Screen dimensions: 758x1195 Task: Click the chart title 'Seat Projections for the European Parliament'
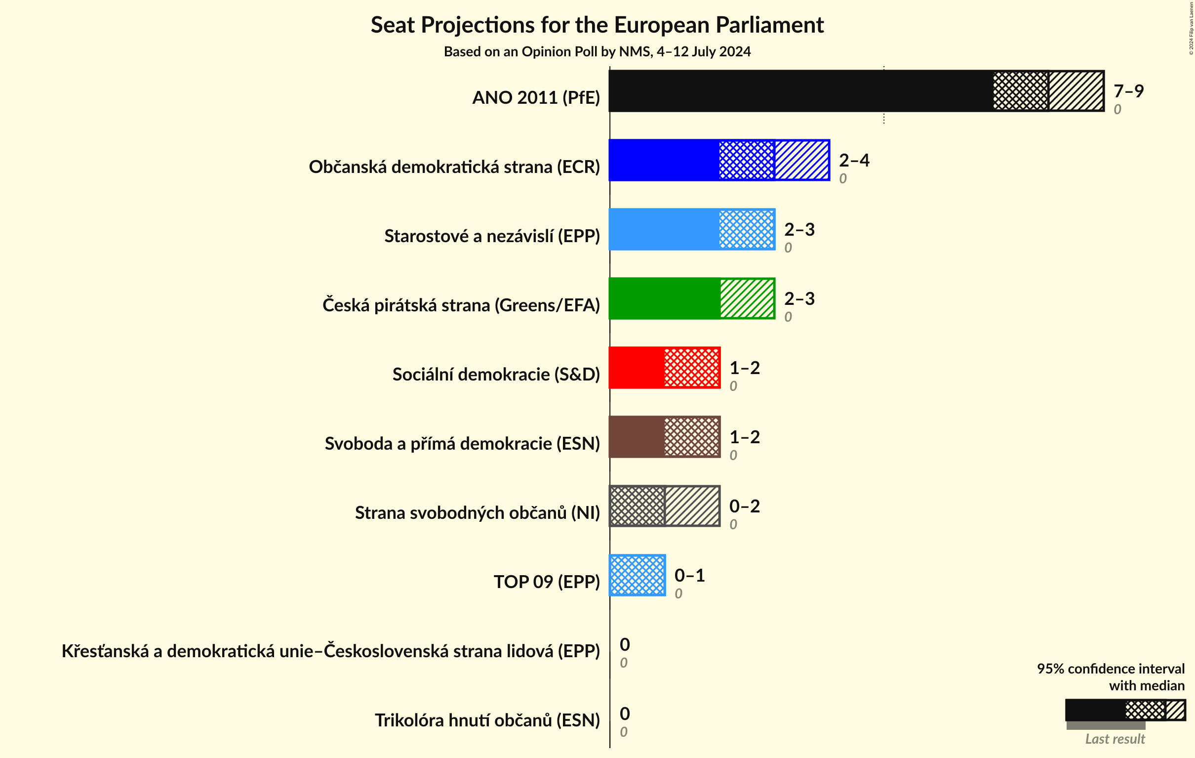click(x=597, y=25)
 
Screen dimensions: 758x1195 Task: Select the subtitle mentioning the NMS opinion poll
click(x=597, y=52)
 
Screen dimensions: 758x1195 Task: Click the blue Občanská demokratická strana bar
click(x=718, y=160)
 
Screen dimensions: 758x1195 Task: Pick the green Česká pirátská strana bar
click(x=691, y=298)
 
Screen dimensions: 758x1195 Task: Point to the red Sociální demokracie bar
click(x=664, y=368)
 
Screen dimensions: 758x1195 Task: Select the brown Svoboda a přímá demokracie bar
click(x=664, y=437)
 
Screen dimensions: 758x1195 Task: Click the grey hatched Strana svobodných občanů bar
click(x=664, y=505)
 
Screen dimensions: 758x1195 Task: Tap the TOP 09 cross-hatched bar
click(x=637, y=575)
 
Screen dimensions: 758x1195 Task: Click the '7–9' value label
click(x=1128, y=91)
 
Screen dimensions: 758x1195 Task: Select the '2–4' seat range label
click(x=854, y=160)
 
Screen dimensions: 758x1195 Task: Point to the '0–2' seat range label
click(x=744, y=505)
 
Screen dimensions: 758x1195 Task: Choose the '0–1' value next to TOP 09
click(x=689, y=575)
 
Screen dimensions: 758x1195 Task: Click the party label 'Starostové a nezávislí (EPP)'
click(x=492, y=236)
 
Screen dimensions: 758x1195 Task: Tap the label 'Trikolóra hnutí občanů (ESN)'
click(x=487, y=720)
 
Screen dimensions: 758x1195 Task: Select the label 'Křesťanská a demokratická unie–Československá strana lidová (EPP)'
click(x=330, y=651)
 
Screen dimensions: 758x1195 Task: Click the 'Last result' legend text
click(x=1115, y=739)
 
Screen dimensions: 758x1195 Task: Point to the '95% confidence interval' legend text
click(x=1110, y=669)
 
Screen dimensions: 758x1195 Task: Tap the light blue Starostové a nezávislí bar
click(x=691, y=229)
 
